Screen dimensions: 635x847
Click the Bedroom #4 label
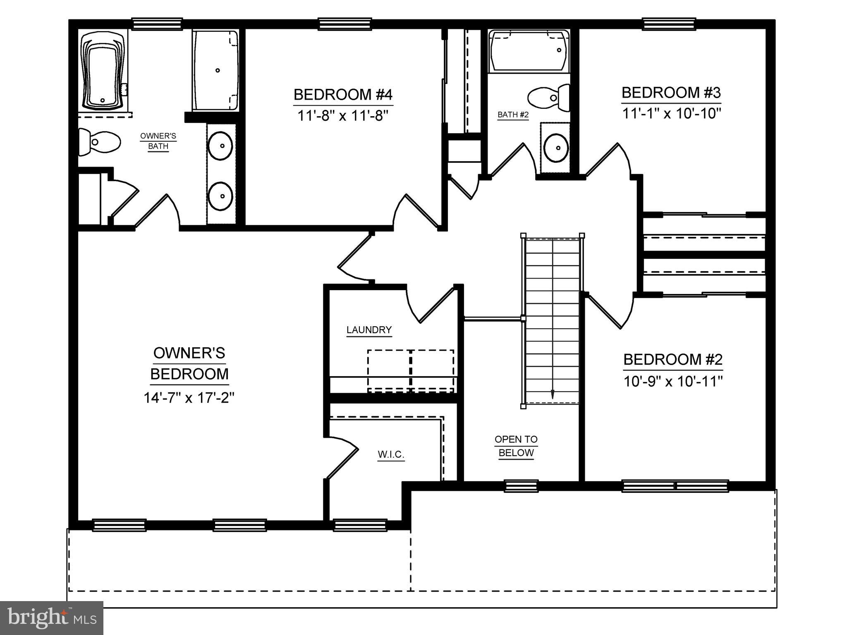pyautogui.click(x=342, y=95)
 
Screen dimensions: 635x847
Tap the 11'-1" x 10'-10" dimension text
pyautogui.click(x=672, y=113)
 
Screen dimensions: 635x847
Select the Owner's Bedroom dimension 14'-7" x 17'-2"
pyautogui.click(x=189, y=398)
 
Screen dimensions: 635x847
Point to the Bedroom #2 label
pyautogui.click(x=672, y=360)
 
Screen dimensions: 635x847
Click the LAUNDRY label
pyautogui.click(x=369, y=330)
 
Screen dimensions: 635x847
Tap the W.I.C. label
pyautogui.click(x=391, y=455)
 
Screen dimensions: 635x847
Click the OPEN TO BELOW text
pyautogui.click(x=516, y=446)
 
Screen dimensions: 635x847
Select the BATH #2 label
pyautogui.click(x=513, y=115)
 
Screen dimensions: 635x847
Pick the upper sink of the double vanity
pyautogui.click(x=220, y=146)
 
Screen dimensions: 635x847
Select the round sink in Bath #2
pyautogui.click(x=555, y=148)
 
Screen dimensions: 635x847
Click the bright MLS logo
pyautogui.click(x=51, y=618)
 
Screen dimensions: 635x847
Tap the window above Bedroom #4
pyautogui.click(x=344, y=24)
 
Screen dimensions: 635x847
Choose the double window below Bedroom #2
pyautogui.click(x=675, y=486)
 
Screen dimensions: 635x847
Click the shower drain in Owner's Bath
pyautogui.click(x=218, y=70)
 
